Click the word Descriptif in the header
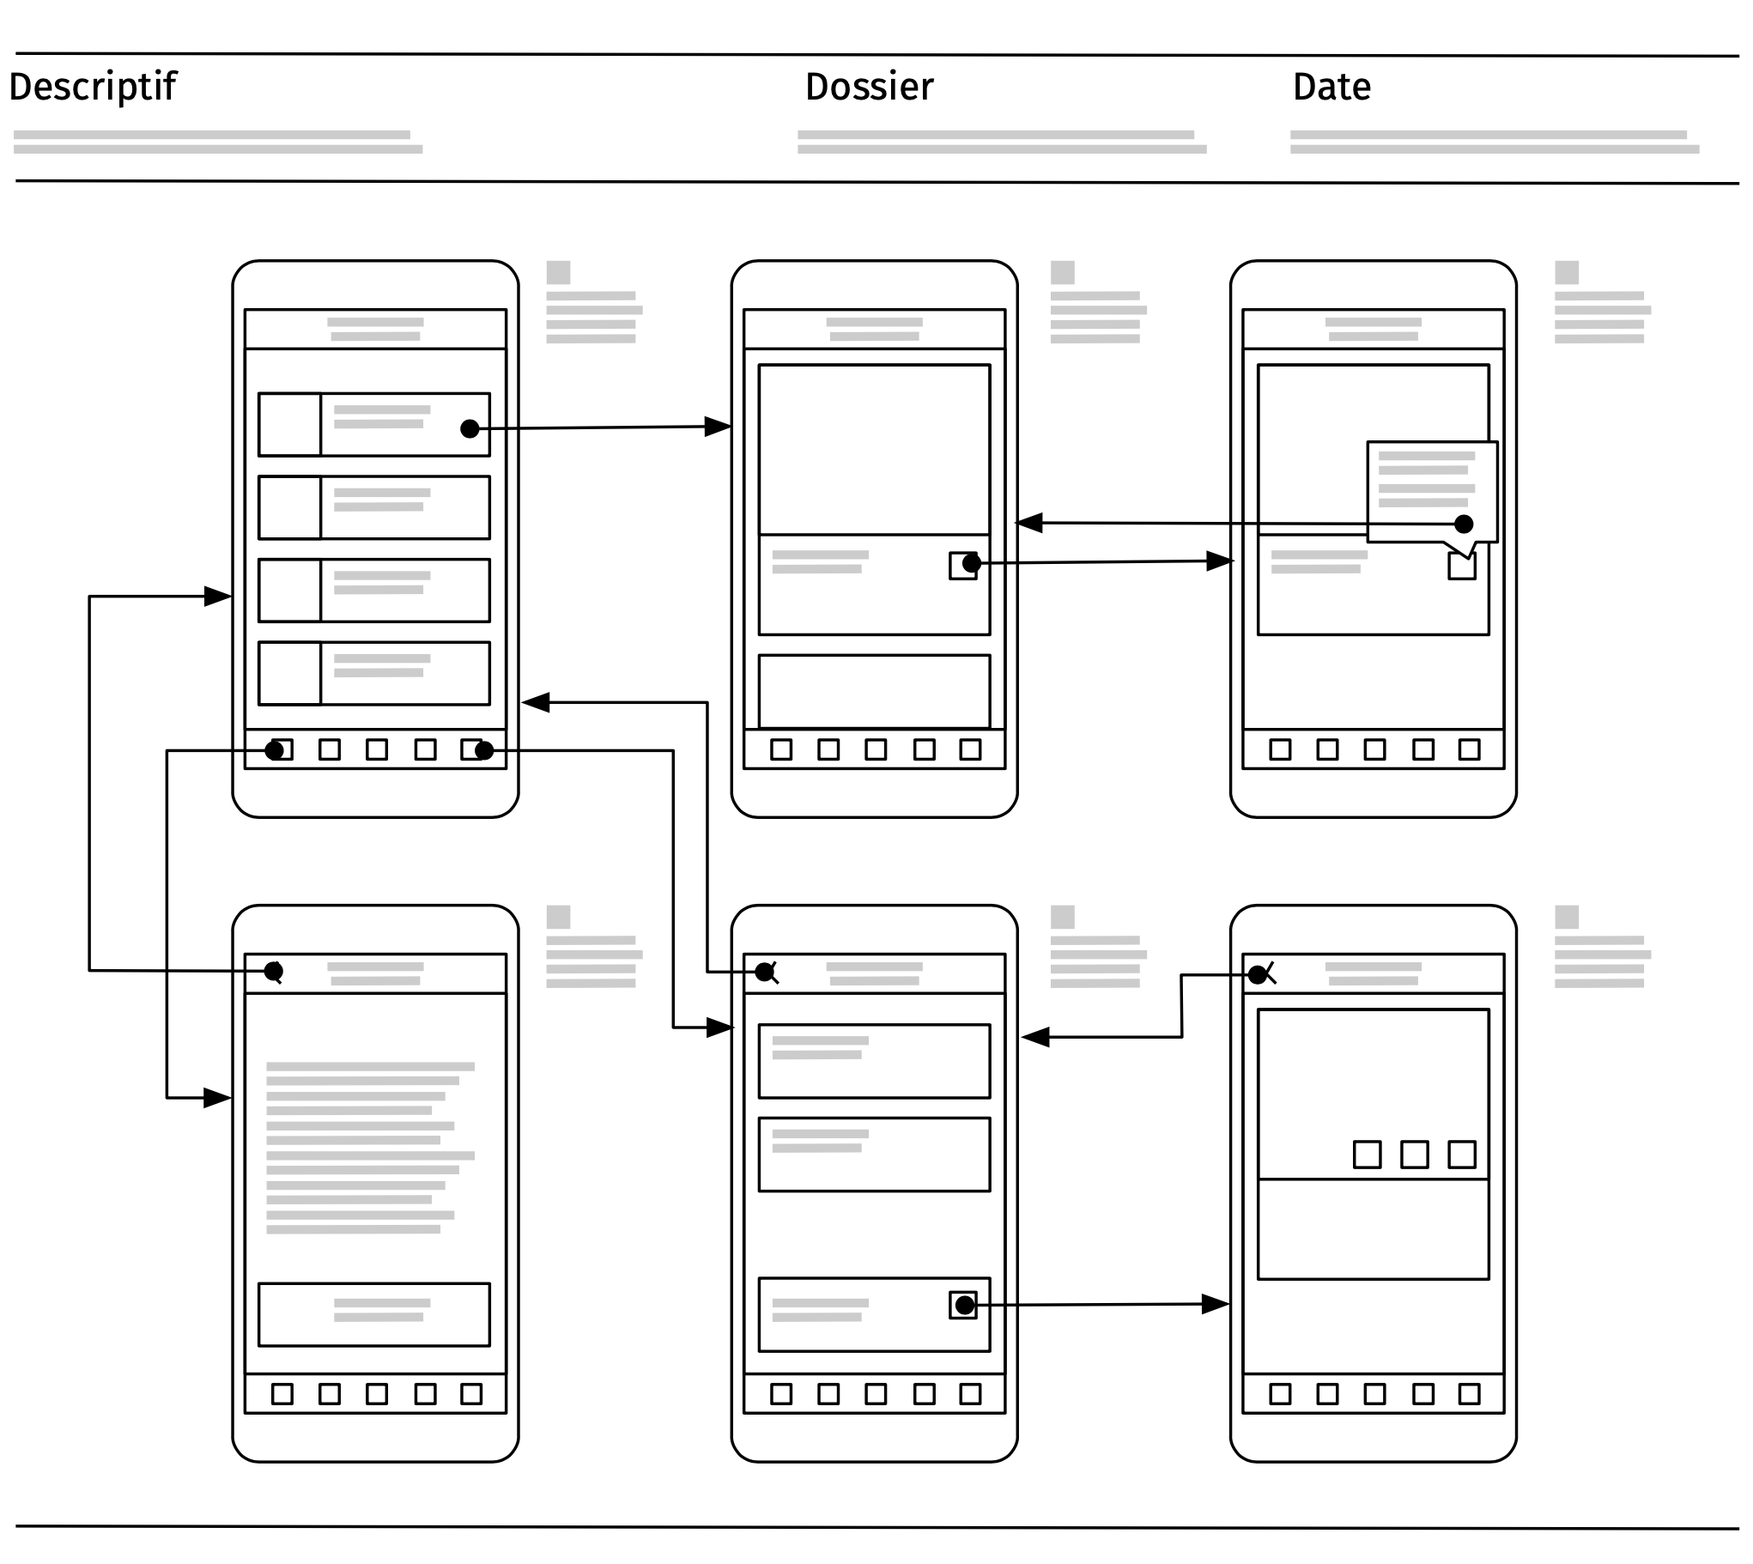point(92,87)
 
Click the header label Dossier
point(869,87)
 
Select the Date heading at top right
point(1331,87)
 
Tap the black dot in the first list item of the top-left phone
point(470,429)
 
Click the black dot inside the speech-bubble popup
point(1464,524)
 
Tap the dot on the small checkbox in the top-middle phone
point(971,564)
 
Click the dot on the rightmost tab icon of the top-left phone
point(484,750)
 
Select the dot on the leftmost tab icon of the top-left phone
point(274,750)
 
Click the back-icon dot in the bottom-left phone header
point(273,971)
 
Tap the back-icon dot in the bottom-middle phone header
point(764,972)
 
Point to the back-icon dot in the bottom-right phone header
point(1256,974)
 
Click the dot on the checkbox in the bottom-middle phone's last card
point(964,1306)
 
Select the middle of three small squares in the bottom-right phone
point(1415,1154)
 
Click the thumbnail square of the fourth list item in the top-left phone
point(289,674)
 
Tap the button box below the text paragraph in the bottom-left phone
point(373,1315)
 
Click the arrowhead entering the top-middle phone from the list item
point(718,427)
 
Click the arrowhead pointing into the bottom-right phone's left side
point(1214,1305)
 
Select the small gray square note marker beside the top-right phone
point(1567,272)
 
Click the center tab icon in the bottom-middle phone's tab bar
point(876,1394)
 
